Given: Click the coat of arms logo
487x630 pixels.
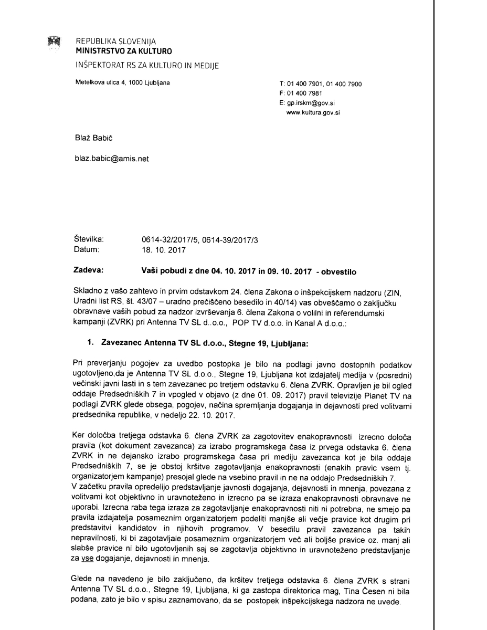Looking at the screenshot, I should coord(53,41).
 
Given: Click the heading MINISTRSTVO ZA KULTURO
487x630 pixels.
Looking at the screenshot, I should coord(124,51).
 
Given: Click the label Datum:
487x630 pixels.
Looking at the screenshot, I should coord(88,248).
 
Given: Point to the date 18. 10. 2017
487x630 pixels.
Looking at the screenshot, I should coord(156,248).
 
